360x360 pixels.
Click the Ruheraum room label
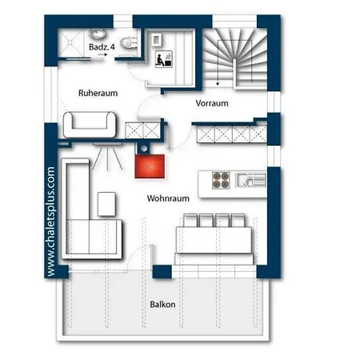pyautogui.click(x=98, y=93)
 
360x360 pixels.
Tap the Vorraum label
pyautogui.click(x=212, y=103)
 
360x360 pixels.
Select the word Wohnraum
pyautogui.click(x=168, y=198)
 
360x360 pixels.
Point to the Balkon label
pyautogui.click(x=162, y=304)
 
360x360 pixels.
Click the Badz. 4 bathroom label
pyautogui.click(x=102, y=47)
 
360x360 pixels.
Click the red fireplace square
pyautogui.click(x=150, y=166)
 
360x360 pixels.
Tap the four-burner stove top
pyautogui.click(x=221, y=180)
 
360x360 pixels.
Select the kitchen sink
pyautogui.click(x=251, y=180)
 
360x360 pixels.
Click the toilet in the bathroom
pyautogui.click(x=129, y=42)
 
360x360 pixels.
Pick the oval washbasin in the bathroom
pyautogui.click(x=98, y=34)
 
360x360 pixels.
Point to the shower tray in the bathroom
pyautogui.click(x=70, y=42)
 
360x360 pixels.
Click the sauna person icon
pyautogui.click(x=164, y=59)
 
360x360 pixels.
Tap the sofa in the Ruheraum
pyautogui.click(x=90, y=125)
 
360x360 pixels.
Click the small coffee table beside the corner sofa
pyautogui.click(x=106, y=204)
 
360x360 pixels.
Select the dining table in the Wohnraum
pyautogui.click(x=214, y=240)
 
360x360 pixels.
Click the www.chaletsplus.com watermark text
pyautogui.click(x=50, y=222)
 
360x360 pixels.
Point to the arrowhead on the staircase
pyautogui.click(x=218, y=84)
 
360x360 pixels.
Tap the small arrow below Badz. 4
pyautogui.click(x=102, y=54)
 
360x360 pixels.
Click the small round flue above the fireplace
pyautogui.click(x=144, y=149)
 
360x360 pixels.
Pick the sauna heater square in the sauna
pyautogui.click(x=157, y=39)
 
